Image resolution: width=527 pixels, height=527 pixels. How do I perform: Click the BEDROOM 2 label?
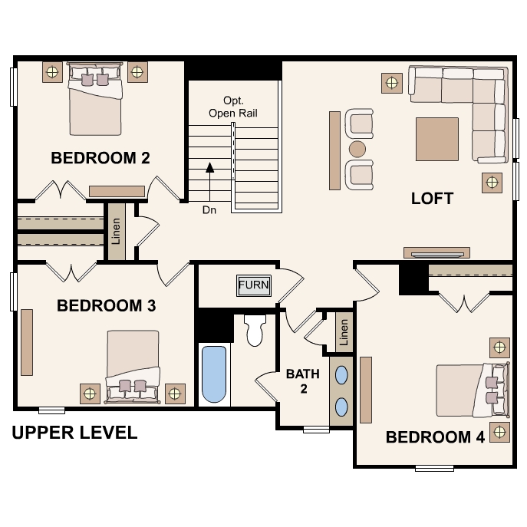tap(100, 158)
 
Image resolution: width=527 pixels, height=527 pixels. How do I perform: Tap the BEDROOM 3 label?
tap(106, 305)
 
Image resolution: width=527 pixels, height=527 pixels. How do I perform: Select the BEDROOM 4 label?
tap(435, 437)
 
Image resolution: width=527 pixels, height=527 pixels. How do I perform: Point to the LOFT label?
tap(432, 199)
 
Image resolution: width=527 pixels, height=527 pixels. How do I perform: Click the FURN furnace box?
tap(254, 285)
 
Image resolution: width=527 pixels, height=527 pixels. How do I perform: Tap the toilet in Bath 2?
tap(255, 330)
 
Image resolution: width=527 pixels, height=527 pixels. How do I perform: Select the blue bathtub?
tap(214, 374)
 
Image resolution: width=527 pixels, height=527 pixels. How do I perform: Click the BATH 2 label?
tap(303, 381)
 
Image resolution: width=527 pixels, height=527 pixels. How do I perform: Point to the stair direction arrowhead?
tap(209, 167)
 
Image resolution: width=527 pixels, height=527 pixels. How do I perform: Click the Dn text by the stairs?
tap(209, 210)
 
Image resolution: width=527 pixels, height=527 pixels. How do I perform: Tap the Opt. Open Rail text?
tap(233, 107)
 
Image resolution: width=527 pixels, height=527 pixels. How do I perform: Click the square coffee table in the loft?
tap(437, 139)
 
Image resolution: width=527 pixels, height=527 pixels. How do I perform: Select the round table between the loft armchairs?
tap(357, 149)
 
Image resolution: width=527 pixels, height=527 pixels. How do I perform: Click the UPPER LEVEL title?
tap(74, 433)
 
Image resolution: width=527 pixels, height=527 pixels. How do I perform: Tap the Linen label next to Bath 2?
tap(344, 332)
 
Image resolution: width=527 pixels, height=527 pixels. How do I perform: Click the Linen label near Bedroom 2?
tap(116, 231)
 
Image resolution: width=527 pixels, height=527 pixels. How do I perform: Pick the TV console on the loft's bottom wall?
tap(437, 252)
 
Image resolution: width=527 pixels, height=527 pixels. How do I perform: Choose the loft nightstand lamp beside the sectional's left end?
tap(392, 83)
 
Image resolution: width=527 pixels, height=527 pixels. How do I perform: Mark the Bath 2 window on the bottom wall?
tap(316, 430)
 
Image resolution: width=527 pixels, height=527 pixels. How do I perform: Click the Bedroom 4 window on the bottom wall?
tap(434, 468)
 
